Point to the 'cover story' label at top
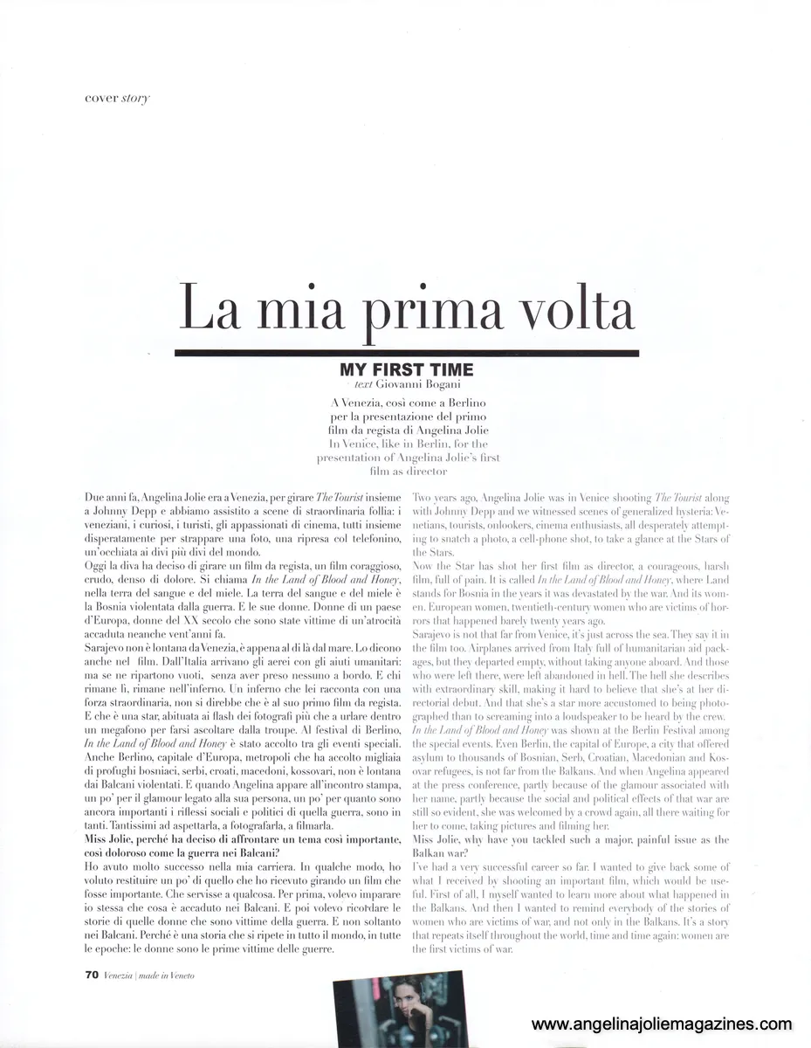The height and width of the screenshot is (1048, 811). click(x=111, y=98)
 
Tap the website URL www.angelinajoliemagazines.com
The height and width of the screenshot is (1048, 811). click(x=661, y=1024)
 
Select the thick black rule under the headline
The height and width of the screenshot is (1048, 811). click(x=406, y=352)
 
